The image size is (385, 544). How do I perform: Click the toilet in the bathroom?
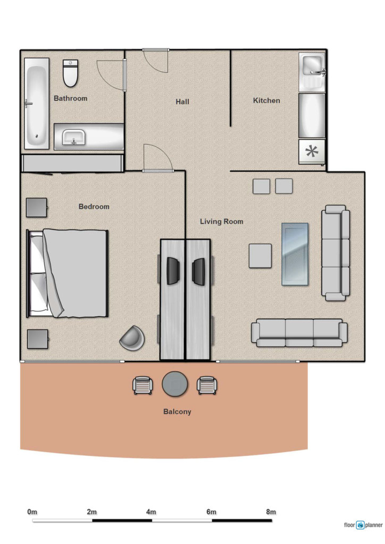click(x=70, y=73)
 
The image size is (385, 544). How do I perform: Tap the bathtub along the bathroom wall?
click(x=37, y=104)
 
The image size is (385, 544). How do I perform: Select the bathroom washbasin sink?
click(x=73, y=137)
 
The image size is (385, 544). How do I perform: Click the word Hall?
click(x=182, y=101)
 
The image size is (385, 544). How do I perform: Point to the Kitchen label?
click(x=266, y=100)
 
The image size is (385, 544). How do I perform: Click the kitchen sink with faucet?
click(x=312, y=72)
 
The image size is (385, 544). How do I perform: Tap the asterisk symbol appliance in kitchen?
click(x=312, y=151)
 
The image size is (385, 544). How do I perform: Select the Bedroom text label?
click(x=94, y=207)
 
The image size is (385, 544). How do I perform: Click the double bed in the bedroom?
click(x=68, y=274)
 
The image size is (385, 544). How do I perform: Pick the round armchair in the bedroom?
click(x=132, y=338)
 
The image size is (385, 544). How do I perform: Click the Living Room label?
click(x=222, y=222)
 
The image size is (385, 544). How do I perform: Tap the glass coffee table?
click(x=295, y=254)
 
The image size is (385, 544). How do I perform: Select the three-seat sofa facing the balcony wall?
click(x=299, y=333)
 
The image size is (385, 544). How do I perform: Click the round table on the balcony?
click(x=175, y=384)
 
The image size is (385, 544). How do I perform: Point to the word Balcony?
click(x=177, y=412)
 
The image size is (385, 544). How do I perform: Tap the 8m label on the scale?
click(x=271, y=512)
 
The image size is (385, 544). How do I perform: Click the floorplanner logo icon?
click(x=361, y=525)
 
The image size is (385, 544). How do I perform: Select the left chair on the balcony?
click(x=143, y=386)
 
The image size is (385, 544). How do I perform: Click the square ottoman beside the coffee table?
click(x=260, y=256)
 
